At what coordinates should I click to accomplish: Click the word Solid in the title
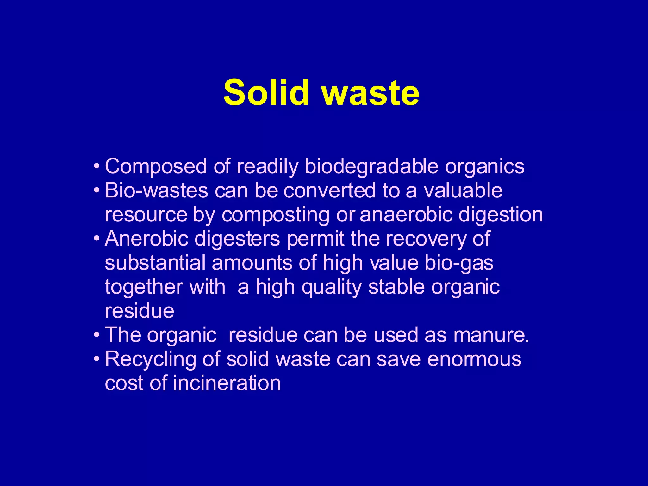point(266,92)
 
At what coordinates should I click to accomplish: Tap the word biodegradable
point(371,166)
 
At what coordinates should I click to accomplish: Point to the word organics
point(485,167)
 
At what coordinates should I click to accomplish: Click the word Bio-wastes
point(156,190)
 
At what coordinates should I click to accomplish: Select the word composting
point(275,215)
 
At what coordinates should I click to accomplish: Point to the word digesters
point(237,239)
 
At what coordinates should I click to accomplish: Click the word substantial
point(155,263)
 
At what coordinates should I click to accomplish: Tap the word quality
point(332,287)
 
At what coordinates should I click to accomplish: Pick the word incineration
point(227,383)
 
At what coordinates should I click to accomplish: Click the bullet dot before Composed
point(97,166)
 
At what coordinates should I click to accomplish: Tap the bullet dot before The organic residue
point(97,334)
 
